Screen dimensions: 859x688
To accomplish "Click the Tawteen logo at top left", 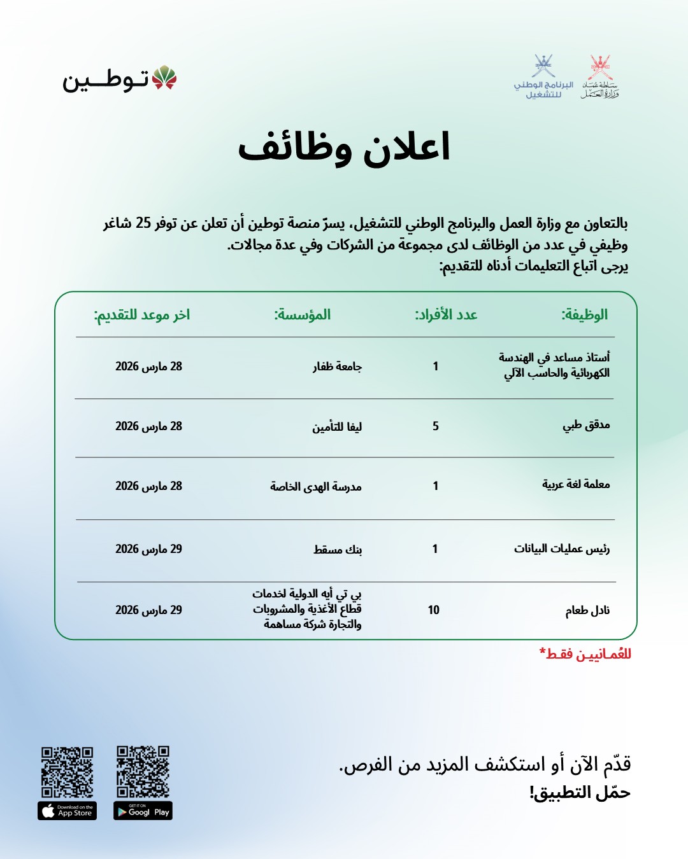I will (x=119, y=80).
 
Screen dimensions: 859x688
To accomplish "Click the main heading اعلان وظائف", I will (x=344, y=148).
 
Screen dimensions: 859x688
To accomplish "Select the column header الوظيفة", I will (x=584, y=314).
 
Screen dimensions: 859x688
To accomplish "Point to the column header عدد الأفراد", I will (x=446, y=314).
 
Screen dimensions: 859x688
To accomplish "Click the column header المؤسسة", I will (x=303, y=314).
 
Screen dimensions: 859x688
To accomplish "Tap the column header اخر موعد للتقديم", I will (x=142, y=314).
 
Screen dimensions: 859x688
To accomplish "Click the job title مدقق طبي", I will (x=586, y=426).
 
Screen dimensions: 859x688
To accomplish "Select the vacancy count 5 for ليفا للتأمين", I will (x=436, y=426).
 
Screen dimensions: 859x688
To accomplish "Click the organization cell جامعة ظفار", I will (x=337, y=367).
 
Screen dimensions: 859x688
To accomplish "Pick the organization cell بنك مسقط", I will (x=338, y=549).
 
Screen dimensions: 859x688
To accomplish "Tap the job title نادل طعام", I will (x=587, y=610).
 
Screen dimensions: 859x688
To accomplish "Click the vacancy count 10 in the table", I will (x=434, y=610).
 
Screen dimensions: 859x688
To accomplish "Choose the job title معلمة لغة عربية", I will (x=576, y=485).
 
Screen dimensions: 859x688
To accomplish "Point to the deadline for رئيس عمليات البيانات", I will (x=148, y=548).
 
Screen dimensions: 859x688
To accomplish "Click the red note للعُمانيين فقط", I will (x=585, y=654).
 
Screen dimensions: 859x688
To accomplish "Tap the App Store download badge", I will (x=68, y=811).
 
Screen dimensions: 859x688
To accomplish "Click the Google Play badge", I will (x=143, y=811).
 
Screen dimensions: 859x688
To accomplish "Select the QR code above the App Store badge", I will (x=68, y=772).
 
